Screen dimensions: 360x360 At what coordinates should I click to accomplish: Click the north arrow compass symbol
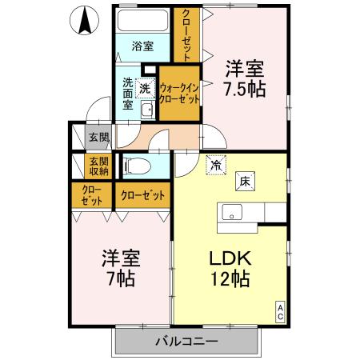coord(83,20)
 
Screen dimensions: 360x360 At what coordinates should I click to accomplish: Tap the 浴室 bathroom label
coord(143,46)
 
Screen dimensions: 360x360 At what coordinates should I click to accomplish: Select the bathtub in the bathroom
coord(143,20)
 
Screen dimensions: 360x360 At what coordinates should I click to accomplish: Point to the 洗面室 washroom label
coord(127,93)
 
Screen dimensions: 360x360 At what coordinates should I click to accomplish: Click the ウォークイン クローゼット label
coord(179,94)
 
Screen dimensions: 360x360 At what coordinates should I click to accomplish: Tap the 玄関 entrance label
coord(98,137)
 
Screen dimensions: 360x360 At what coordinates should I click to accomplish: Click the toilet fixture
coord(138,166)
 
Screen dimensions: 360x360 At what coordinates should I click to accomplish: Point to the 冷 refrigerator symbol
coord(216,165)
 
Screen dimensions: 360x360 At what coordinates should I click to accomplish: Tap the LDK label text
coord(230,258)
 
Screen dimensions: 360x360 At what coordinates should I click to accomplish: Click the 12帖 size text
coord(230,280)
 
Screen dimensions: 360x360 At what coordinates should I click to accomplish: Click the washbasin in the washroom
coord(146,110)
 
